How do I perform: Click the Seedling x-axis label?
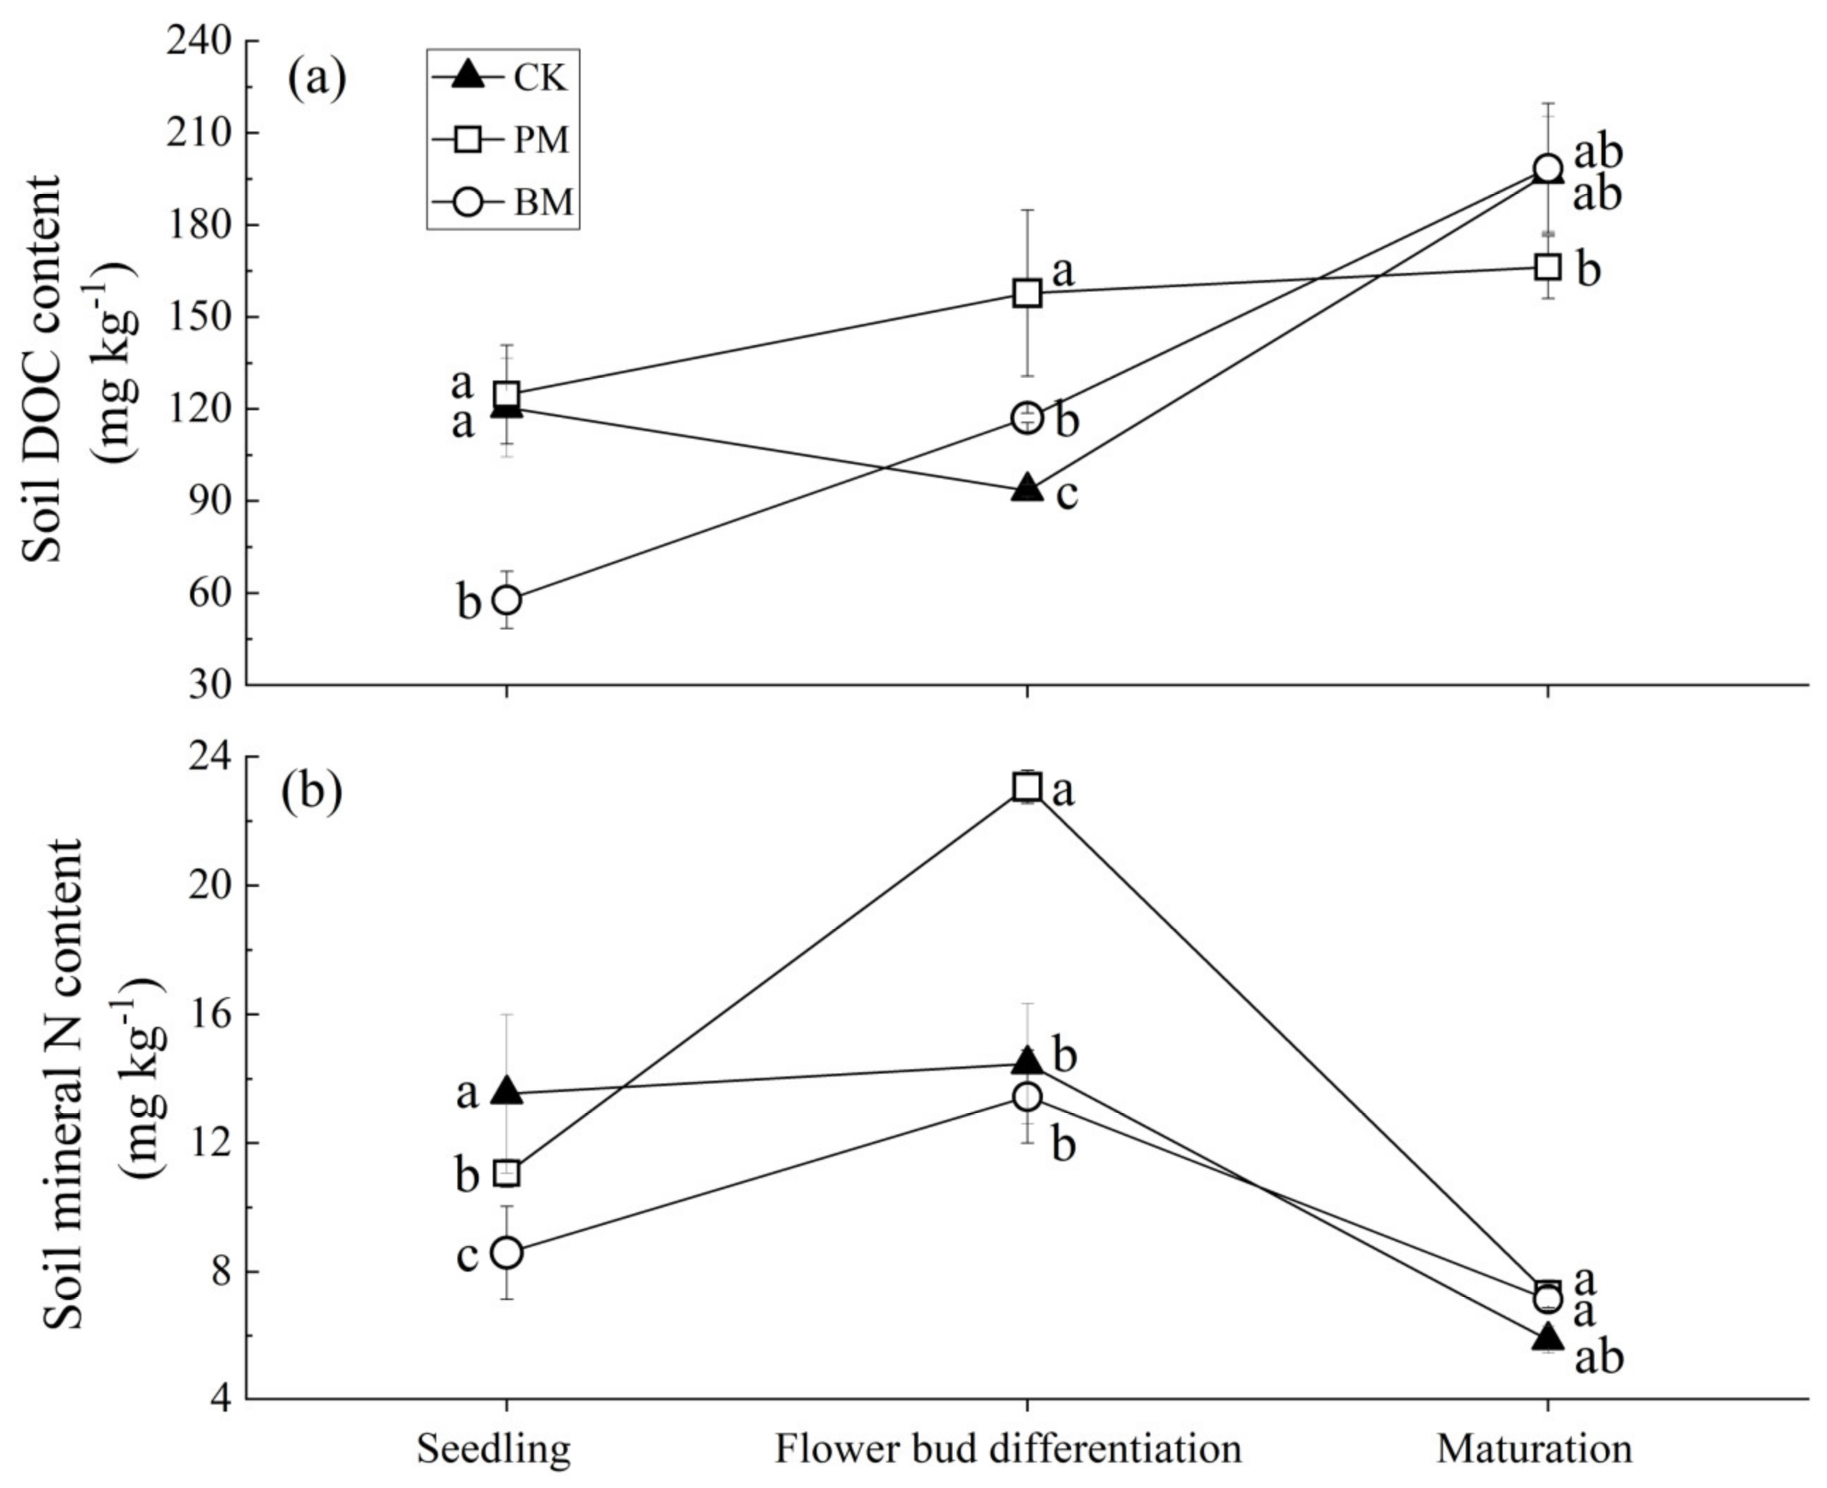tap(494, 1448)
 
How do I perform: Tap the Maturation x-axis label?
tap(1534, 1448)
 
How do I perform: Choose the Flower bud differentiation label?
tap(1009, 1448)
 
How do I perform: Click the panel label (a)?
tap(317, 80)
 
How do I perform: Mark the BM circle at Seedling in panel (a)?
tap(508, 600)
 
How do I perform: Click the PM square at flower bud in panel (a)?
tap(1027, 293)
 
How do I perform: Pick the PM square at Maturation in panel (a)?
tap(1548, 267)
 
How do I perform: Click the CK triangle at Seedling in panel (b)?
tap(508, 1091)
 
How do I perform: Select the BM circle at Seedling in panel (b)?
tap(508, 1252)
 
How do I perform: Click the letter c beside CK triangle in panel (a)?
tap(1066, 494)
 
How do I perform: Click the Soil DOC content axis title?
tap(43, 368)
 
